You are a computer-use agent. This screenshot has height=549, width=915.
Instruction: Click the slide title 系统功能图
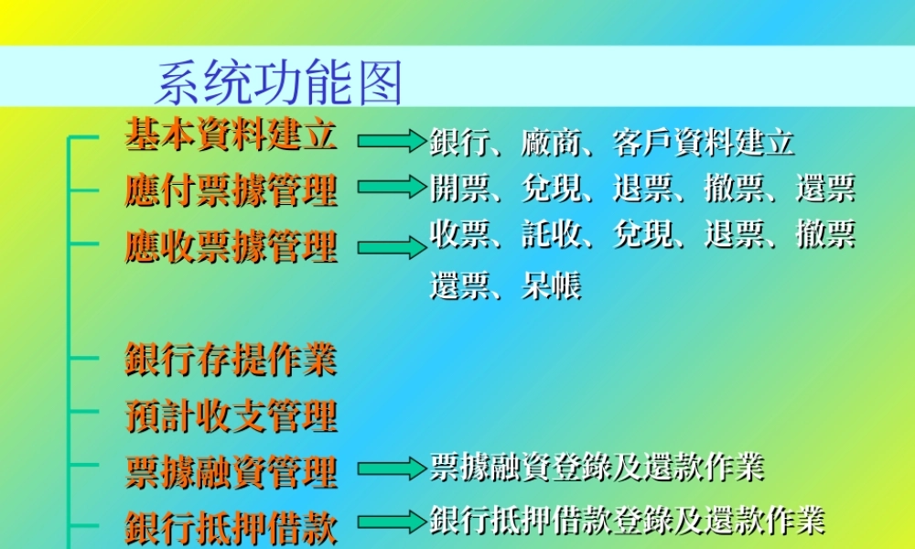coord(279,84)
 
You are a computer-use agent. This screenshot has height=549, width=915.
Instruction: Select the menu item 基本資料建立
coord(231,135)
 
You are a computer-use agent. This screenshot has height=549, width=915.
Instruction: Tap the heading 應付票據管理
coord(231,190)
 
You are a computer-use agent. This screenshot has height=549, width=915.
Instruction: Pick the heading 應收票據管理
coord(231,247)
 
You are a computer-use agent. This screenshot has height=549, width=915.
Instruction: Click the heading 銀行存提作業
coord(231,359)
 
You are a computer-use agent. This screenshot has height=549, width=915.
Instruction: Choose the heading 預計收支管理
coord(231,415)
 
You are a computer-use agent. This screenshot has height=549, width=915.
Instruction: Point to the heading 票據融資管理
coord(231,472)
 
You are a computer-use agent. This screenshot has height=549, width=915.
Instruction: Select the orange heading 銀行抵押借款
coord(231,528)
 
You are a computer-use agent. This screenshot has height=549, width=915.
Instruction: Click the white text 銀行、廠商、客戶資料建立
coord(611,142)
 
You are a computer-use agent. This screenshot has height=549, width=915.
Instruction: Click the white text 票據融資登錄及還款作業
coord(597,468)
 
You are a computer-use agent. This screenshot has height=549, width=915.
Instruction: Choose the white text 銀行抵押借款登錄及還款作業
coord(627,520)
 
